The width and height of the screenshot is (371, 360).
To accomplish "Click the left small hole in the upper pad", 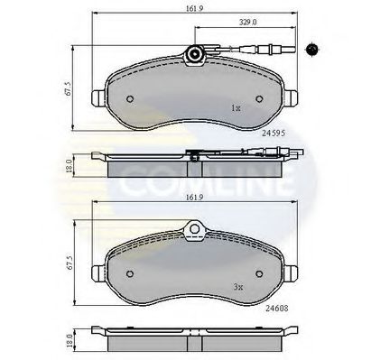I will [131, 100].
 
